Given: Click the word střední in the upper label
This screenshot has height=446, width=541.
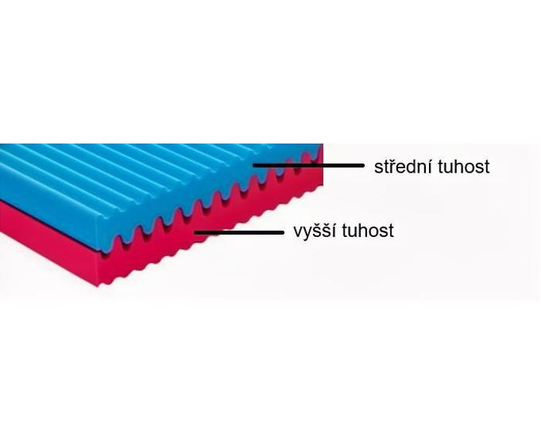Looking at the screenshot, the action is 403,166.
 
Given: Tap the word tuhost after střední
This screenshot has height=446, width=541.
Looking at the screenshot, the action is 464,167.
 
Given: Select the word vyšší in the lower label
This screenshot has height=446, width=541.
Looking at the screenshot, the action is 315,231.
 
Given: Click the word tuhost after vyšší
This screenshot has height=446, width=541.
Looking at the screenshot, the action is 368,231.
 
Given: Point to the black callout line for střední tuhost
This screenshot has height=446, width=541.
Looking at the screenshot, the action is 308,165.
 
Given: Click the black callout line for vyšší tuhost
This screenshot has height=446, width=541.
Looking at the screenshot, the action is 239,232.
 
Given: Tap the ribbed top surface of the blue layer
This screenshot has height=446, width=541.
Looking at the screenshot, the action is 138,172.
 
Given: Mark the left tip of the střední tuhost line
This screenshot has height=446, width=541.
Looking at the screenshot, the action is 253,165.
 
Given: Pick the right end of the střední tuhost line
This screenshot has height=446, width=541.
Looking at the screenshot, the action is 364,165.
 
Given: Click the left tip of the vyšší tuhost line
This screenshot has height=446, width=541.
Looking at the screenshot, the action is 196,232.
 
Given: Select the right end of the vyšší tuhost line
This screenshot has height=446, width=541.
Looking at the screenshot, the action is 284,232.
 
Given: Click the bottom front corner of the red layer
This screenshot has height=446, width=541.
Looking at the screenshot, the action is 99,286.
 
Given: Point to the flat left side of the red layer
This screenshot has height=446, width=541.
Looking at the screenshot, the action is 48,241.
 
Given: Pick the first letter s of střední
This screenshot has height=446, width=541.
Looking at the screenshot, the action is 378,168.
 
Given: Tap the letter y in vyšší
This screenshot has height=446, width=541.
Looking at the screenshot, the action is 306,235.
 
